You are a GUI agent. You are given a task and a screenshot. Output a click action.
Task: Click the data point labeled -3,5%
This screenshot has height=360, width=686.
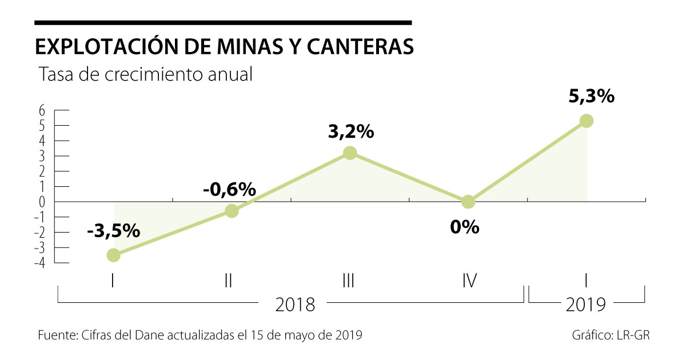[114, 255]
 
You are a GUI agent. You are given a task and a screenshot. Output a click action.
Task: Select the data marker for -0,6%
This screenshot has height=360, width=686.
[232, 211]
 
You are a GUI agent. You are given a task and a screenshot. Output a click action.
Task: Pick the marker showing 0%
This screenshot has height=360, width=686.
[468, 202]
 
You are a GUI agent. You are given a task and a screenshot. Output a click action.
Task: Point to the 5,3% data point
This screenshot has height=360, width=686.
[587, 121]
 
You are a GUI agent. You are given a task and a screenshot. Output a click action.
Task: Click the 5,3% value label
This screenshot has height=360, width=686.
[591, 96]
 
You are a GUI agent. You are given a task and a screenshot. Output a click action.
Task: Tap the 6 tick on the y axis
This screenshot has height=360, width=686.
[42, 111]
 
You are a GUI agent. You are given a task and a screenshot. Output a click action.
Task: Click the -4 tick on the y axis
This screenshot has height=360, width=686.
[40, 263]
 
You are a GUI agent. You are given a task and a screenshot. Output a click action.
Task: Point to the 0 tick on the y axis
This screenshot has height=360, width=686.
[42, 202]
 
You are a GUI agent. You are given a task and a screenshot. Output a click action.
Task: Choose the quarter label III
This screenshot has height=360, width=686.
[349, 281]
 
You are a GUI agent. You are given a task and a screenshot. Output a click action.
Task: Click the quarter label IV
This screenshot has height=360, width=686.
[469, 281]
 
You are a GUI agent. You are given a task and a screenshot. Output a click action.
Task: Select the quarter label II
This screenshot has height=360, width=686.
[228, 281]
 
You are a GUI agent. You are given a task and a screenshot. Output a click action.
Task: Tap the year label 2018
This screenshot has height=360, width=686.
[295, 305]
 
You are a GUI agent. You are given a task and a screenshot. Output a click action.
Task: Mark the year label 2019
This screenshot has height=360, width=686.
[586, 305]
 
